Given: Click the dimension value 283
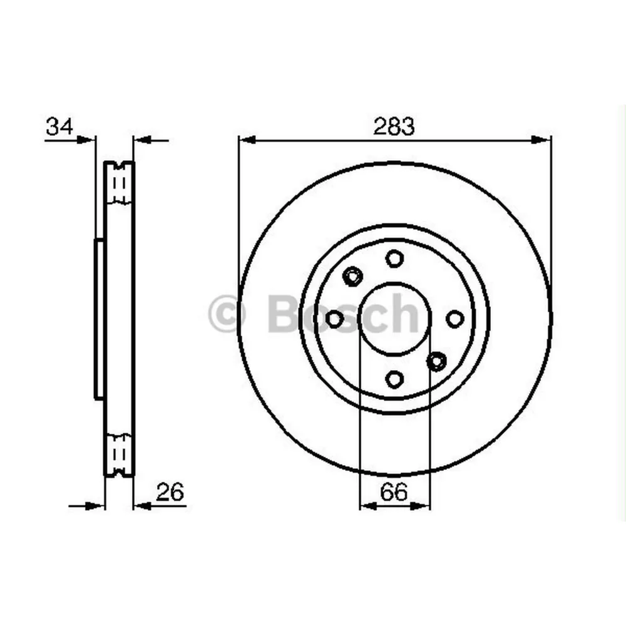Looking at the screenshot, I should pyautogui.click(x=394, y=126).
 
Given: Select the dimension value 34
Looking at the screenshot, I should pyautogui.click(x=59, y=126).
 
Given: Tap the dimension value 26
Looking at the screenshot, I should pyautogui.click(x=170, y=493).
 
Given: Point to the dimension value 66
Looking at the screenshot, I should pyautogui.click(x=394, y=493).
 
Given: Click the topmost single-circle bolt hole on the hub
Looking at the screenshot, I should pyautogui.click(x=394, y=258).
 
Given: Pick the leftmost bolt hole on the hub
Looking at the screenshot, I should pyautogui.click(x=335, y=319).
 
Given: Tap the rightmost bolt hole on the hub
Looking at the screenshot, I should pyautogui.click(x=454, y=319).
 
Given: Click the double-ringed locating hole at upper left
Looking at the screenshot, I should pyautogui.click(x=353, y=275).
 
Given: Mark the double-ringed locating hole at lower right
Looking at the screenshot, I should pyautogui.click(x=436, y=361).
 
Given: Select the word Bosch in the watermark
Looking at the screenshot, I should pyautogui.click(x=342, y=314).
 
